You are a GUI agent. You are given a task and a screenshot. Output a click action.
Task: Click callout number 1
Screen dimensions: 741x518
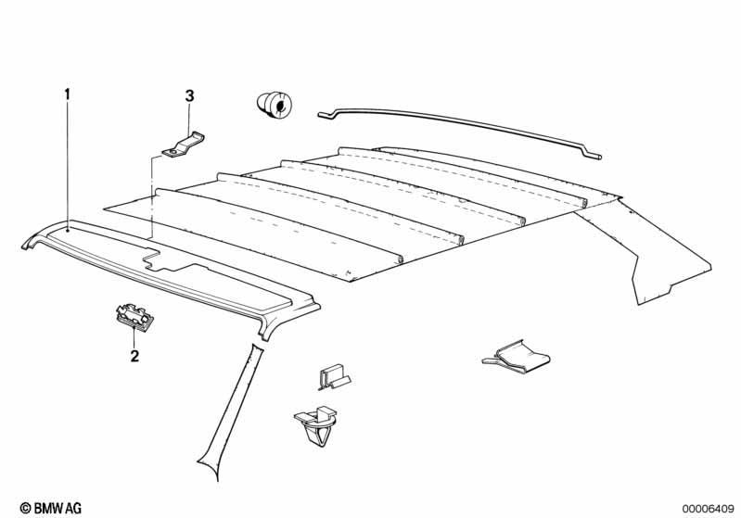pyautogui.click(x=67, y=95)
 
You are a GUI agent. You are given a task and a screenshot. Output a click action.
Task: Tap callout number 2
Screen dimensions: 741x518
pyautogui.click(x=134, y=356)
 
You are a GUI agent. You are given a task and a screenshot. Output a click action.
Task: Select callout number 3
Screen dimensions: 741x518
pyautogui.click(x=189, y=96)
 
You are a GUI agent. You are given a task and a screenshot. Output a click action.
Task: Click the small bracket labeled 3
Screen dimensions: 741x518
pyautogui.click(x=184, y=145)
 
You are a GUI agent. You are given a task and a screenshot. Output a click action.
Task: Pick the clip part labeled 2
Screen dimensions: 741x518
pyautogui.click(x=134, y=316)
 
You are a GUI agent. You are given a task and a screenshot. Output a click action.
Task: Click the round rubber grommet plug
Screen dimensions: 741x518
pyautogui.click(x=275, y=105)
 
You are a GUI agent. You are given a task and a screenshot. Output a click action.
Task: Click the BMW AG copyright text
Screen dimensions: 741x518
pyautogui.click(x=51, y=508)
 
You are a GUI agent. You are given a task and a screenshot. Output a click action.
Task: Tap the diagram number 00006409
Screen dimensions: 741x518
pyautogui.click(x=708, y=509)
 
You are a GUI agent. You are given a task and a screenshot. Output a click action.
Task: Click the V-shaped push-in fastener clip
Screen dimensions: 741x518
pyautogui.click(x=316, y=425)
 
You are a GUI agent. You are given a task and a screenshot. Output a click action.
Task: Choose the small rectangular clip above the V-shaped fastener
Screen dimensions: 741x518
pyautogui.click(x=334, y=376)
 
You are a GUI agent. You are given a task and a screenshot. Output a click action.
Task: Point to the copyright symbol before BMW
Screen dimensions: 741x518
pyautogui.click(x=26, y=508)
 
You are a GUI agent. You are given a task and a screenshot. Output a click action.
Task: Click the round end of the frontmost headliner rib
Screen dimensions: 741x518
pyautogui.click(x=400, y=259)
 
